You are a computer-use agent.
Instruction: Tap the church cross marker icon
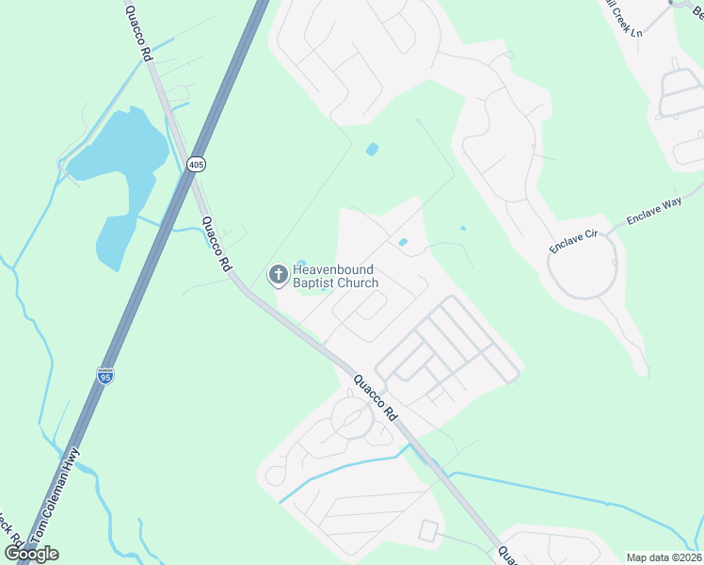(x=278, y=275)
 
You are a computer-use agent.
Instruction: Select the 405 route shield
(x=195, y=165)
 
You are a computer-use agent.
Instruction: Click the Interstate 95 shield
(x=105, y=376)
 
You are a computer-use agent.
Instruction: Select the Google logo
(x=31, y=553)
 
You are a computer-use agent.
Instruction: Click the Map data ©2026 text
(x=664, y=557)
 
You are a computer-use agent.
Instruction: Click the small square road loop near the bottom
(x=429, y=530)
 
